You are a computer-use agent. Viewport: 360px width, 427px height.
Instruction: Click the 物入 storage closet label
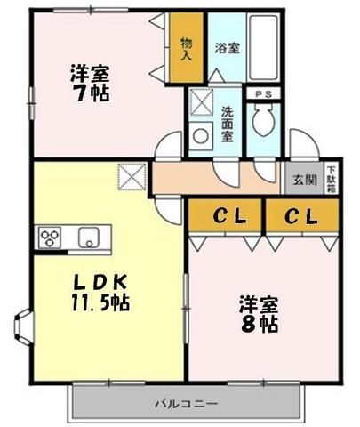(186, 49)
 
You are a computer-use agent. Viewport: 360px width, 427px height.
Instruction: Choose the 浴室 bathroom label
(226, 49)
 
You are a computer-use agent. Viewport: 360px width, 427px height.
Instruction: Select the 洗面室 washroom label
(227, 125)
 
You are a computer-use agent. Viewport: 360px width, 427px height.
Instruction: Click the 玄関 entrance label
(303, 180)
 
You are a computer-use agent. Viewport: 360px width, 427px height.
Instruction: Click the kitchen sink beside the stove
(89, 238)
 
